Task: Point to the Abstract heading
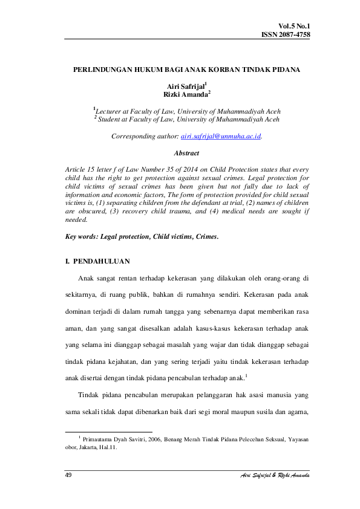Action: [x=187, y=153]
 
